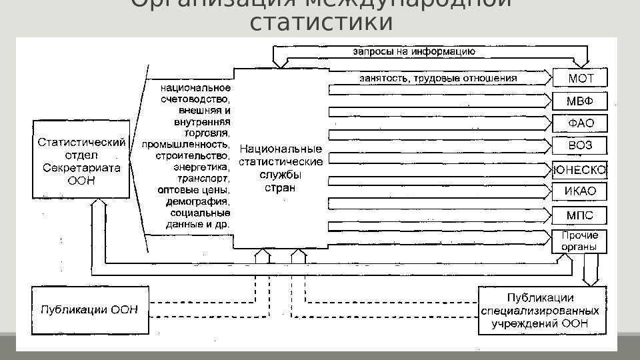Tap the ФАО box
click(x=580, y=123)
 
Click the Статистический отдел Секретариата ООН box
click(x=81, y=159)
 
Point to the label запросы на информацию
click(x=413, y=51)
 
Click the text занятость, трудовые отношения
click(x=438, y=78)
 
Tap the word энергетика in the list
click(x=201, y=167)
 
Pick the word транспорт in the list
click(x=203, y=178)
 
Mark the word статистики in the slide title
click(x=321, y=23)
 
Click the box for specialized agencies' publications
click(x=541, y=310)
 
